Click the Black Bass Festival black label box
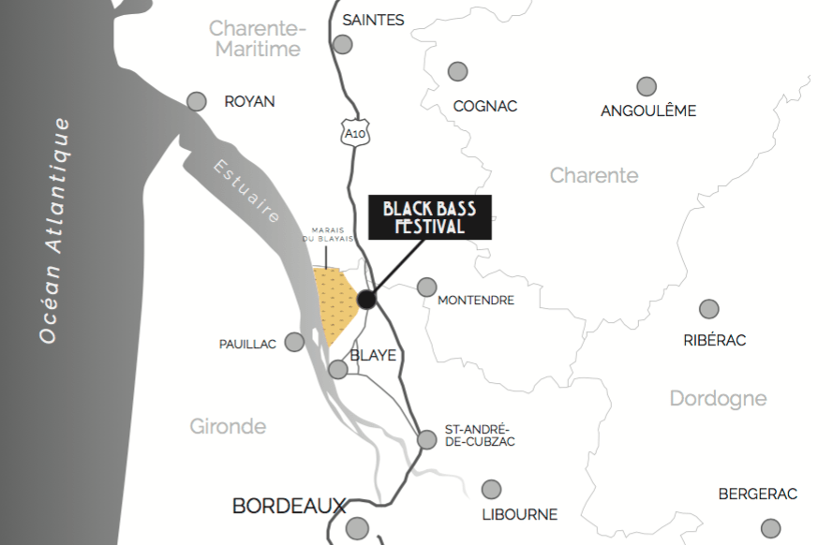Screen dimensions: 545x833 click(429, 217)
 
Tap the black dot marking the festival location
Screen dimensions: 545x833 click(366, 300)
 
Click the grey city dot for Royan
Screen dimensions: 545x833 click(197, 101)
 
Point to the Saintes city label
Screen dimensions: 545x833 click(373, 20)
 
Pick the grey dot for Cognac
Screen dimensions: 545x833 click(457, 71)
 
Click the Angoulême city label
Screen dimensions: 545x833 click(648, 111)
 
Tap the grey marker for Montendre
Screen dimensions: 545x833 click(426, 287)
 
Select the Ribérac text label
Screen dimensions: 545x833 click(715, 340)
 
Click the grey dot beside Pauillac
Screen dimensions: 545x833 click(294, 342)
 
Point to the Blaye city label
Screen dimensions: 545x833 click(374, 356)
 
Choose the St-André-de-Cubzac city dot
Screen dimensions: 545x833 click(427, 438)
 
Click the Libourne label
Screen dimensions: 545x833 click(519, 514)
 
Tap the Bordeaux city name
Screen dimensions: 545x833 click(289, 507)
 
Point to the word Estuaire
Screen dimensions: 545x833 click(246, 192)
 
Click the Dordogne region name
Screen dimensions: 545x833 click(718, 399)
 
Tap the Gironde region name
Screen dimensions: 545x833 click(228, 427)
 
